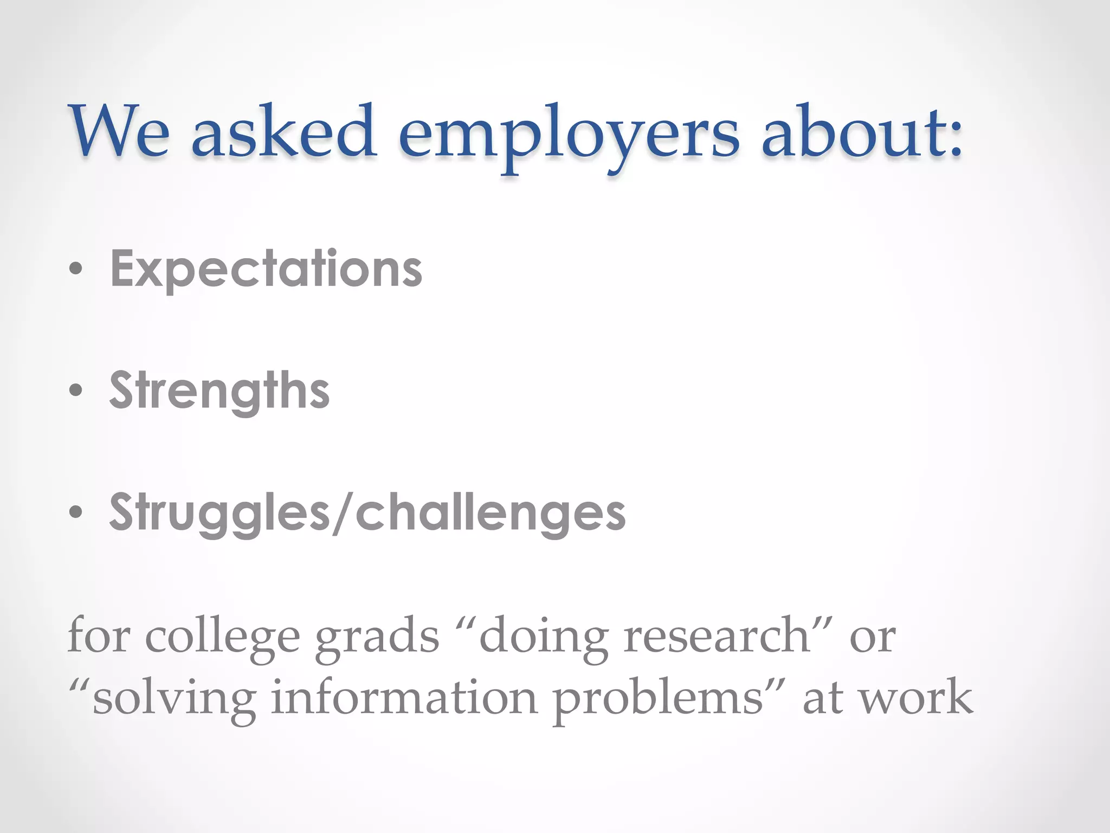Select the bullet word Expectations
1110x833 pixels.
266,270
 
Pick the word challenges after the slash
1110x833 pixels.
491,512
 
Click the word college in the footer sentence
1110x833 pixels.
222,637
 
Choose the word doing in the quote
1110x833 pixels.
544,637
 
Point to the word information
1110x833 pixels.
404,697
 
